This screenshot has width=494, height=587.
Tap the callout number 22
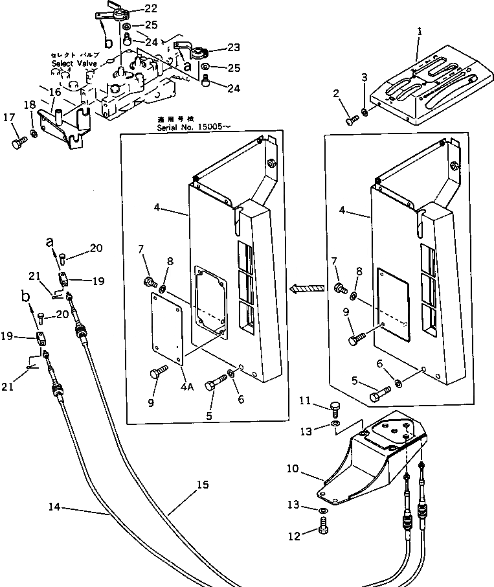150,8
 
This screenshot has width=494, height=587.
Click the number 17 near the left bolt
9,117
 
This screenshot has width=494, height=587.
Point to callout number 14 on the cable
54,507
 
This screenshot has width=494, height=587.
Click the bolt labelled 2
353,120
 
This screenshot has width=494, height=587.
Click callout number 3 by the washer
365,78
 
